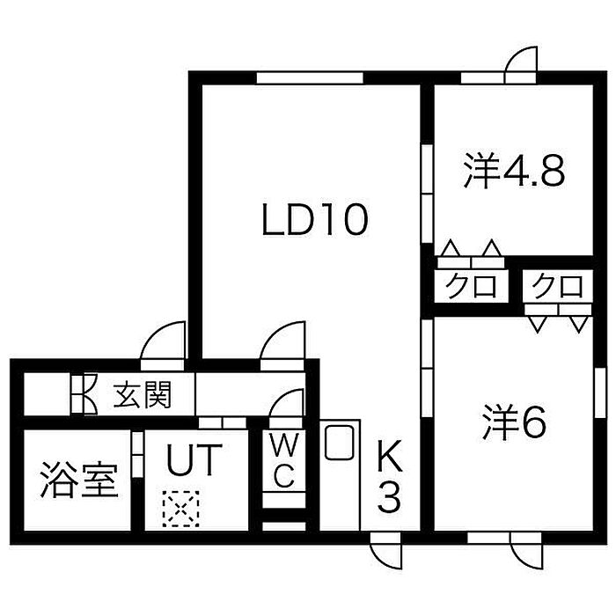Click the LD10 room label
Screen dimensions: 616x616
[315, 219]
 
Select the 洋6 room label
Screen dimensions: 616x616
[514, 422]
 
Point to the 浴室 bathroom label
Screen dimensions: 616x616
[78, 480]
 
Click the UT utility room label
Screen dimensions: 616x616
[194, 459]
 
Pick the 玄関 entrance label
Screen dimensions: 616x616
[143, 394]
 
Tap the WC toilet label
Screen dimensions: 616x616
[283, 460]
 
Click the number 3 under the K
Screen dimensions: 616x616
[389, 497]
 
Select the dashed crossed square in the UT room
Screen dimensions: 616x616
[180, 510]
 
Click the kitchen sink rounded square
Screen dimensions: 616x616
[340, 443]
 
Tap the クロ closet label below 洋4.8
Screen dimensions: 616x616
[470, 286]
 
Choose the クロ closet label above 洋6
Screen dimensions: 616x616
[557, 286]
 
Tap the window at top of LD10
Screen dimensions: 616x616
[310, 77]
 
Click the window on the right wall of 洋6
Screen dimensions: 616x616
[600, 392]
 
